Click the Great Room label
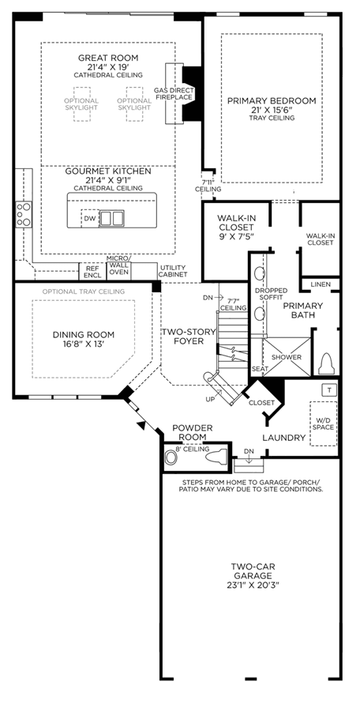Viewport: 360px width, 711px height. [x=108, y=58]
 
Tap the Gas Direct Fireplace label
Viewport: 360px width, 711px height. [x=173, y=93]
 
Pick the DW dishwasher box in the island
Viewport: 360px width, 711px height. [x=89, y=218]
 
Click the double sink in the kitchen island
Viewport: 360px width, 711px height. [x=111, y=218]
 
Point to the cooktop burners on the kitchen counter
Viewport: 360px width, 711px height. [x=24, y=214]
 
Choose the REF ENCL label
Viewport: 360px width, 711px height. [x=92, y=272]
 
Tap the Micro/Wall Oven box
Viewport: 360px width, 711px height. [x=118, y=271]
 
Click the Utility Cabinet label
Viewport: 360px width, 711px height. [x=173, y=272]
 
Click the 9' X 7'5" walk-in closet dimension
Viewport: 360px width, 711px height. [x=236, y=235]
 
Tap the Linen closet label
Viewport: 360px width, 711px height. [x=321, y=284]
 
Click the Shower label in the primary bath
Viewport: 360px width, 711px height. [x=287, y=357]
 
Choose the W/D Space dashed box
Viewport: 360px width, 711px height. [x=323, y=423]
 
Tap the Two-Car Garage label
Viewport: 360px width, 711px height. [x=253, y=576]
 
